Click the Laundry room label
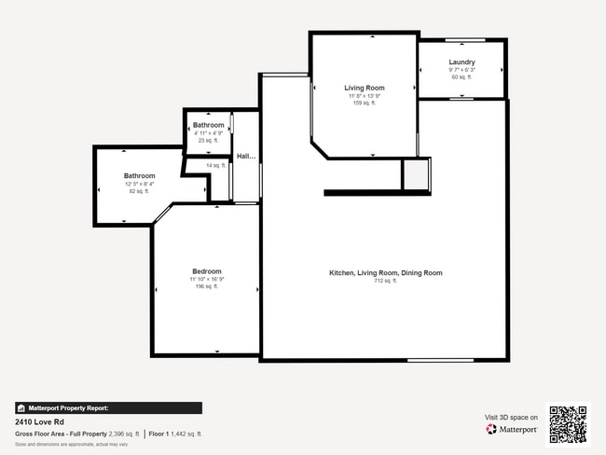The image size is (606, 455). pos(461,62)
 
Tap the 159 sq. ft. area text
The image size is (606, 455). pos(364,103)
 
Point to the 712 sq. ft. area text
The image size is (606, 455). pos(385,281)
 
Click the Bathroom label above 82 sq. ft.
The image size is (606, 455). pos(140,175)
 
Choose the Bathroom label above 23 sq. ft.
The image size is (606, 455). pos(208,125)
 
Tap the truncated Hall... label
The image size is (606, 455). pos(246,157)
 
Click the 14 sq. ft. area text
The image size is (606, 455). pos(217,166)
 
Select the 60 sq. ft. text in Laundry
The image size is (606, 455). pos(461,77)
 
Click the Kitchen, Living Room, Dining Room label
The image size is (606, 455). pos(385,273)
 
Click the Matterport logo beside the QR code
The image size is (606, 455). pos(512,430)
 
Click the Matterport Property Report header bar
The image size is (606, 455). pos(108,407)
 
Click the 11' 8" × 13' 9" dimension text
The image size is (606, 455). pos(364,96)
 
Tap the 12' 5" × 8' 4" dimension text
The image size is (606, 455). pos(140,184)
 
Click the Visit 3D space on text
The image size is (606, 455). pos(511,418)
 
